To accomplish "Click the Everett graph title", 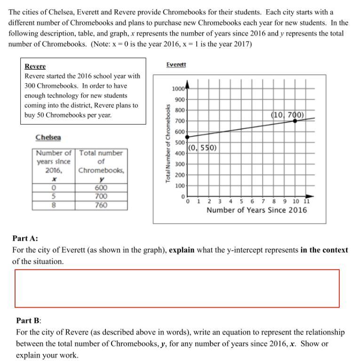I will [x=176, y=64].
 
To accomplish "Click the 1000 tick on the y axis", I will [x=178, y=89].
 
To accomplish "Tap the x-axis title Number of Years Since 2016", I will [x=256, y=210].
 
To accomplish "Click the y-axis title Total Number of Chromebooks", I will [x=168, y=143].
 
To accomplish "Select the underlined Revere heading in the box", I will [x=35, y=66].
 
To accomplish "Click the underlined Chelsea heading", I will [x=48, y=137].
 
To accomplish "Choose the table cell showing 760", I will [x=101, y=205].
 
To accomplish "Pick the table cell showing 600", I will [x=101, y=188].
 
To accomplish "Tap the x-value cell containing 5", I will [x=54, y=196].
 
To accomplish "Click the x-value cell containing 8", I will [x=54, y=205].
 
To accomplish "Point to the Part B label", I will [x=29, y=321].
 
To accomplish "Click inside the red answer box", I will [x=177, y=289].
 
